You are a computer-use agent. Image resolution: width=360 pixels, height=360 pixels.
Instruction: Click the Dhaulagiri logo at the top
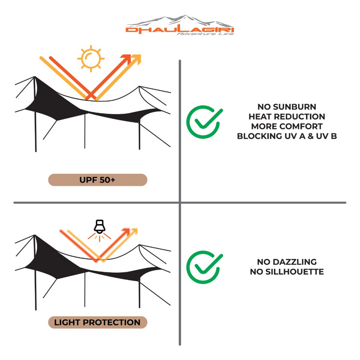pos(180,25)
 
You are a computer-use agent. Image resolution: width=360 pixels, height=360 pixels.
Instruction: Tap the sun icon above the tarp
pos(91,59)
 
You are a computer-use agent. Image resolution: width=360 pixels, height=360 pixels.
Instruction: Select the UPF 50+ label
pos(98,180)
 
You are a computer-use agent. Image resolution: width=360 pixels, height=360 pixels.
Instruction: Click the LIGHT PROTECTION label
pos(98,322)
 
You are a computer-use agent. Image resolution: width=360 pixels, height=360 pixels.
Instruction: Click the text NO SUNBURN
pos(287,107)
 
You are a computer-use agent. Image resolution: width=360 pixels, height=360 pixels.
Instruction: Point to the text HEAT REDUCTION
pos(287,117)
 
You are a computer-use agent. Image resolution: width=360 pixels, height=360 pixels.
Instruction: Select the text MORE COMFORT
pos(287,126)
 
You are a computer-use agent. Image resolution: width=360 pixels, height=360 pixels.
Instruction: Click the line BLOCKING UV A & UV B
pos(287,136)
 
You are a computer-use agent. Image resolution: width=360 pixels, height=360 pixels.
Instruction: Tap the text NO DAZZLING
pos(287,262)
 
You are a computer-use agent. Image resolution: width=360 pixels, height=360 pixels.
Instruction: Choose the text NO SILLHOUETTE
pos(287,272)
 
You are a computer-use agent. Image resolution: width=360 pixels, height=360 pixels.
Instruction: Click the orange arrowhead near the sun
pos(127,59)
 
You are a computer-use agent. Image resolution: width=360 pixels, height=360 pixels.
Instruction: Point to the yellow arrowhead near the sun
pos(136,59)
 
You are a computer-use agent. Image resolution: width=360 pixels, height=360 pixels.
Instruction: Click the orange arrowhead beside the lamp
pos(126,232)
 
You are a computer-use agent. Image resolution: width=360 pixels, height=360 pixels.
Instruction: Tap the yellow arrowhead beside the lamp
pos(134,232)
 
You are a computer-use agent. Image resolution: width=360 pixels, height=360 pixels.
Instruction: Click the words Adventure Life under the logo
pos(205,34)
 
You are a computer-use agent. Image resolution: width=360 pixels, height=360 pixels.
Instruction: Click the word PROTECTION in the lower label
pos(112,322)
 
